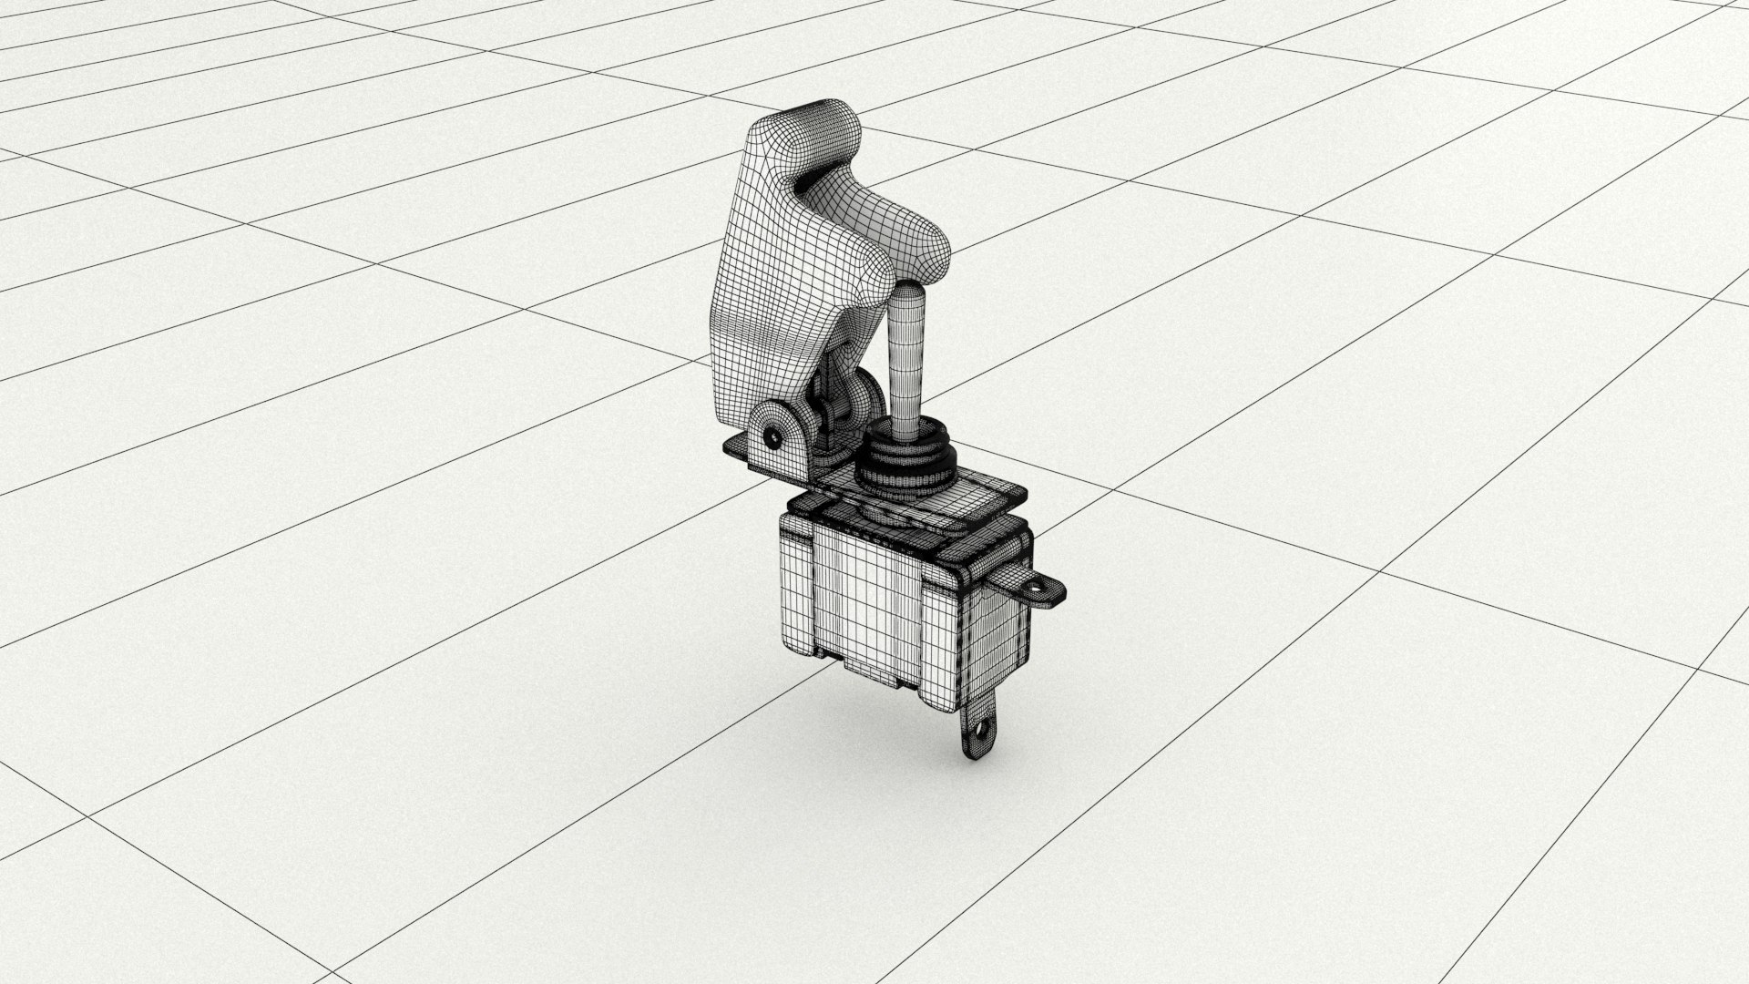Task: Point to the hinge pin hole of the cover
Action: (773, 437)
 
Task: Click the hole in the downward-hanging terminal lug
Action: (982, 729)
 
